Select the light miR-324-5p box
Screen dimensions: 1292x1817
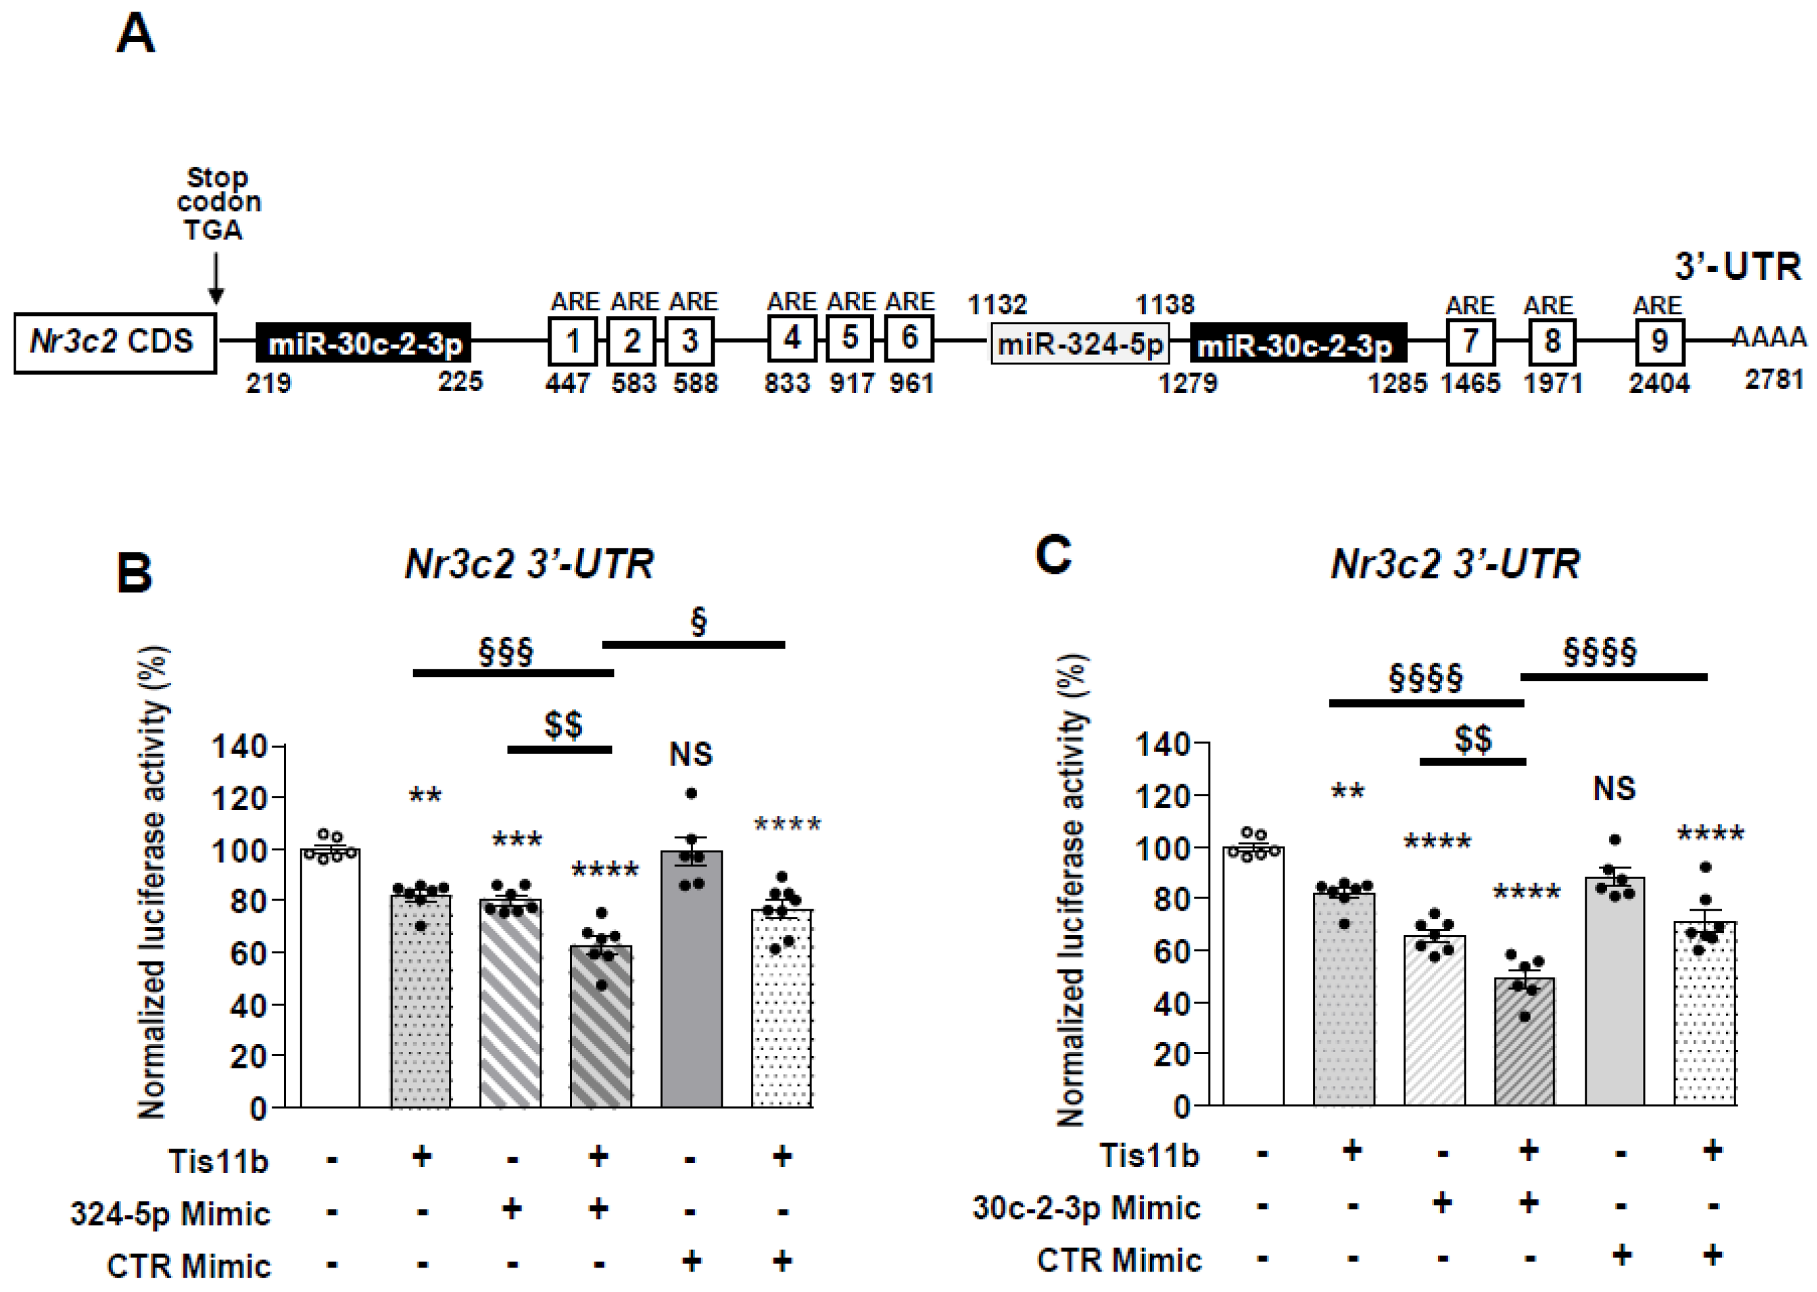click(x=1079, y=345)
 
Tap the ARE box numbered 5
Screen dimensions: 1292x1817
click(x=849, y=338)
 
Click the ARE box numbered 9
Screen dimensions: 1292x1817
click(x=1659, y=341)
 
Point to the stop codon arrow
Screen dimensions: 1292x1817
click(x=215, y=278)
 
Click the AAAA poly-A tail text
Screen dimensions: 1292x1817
click(x=1769, y=338)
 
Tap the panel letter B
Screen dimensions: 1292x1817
click(x=134, y=574)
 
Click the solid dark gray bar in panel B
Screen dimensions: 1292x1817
click(x=691, y=979)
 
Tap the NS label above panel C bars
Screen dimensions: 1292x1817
click(x=1614, y=788)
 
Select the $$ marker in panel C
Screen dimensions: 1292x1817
click(x=1473, y=738)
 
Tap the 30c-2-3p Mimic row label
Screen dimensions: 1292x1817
click(x=1085, y=1208)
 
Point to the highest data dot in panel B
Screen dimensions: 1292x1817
click(x=691, y=793)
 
